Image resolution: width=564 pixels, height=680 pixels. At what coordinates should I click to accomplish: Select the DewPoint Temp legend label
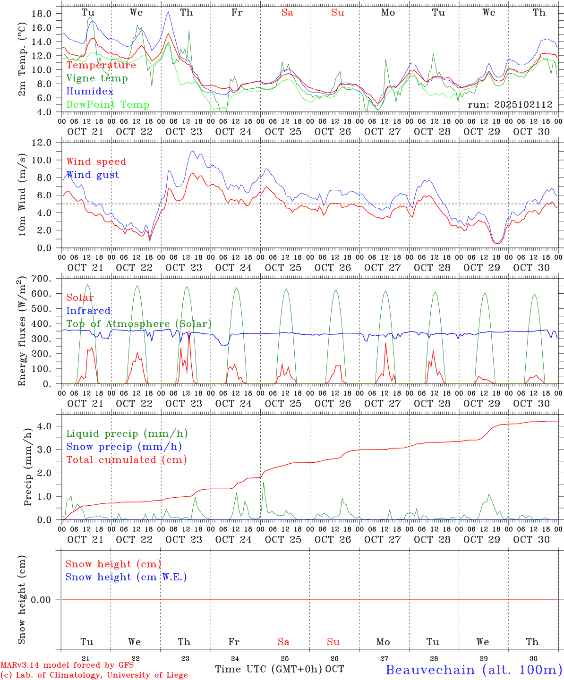[x=108, y=104]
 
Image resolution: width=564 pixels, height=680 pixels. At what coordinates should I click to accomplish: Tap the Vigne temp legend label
[x=97, y=78]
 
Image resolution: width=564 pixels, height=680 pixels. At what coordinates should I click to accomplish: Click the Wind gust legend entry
[x=93, y=175]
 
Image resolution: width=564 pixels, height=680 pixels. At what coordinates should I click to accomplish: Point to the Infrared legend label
[x=88, y=311]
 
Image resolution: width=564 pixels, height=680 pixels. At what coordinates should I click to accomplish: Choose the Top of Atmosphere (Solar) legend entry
[x=138, y=324]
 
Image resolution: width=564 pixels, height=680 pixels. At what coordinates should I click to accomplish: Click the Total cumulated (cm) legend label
[x=126, y=459]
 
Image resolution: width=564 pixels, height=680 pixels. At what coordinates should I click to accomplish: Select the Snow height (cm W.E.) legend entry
[x=126, y=577]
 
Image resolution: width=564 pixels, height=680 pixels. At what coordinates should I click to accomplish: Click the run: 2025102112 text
[x=510, y=105]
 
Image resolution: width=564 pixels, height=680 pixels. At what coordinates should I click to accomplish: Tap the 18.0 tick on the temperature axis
[x=41, y=14]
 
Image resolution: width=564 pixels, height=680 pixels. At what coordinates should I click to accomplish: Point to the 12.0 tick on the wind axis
[x=41, y=143]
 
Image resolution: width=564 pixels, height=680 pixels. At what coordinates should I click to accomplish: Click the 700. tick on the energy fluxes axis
[x=41, y=279]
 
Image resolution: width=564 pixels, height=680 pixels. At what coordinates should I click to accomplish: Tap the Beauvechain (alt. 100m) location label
[x=474, y=670]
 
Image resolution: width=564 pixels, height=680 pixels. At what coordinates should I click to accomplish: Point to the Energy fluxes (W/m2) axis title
[x=22, y=332]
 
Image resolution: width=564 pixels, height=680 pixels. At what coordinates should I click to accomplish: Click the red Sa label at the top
[x=287, y=12]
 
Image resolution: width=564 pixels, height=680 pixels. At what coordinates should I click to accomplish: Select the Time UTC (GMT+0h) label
[x=269, y=669]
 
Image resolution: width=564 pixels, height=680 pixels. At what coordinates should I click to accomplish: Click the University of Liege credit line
[x=94, y=675]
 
